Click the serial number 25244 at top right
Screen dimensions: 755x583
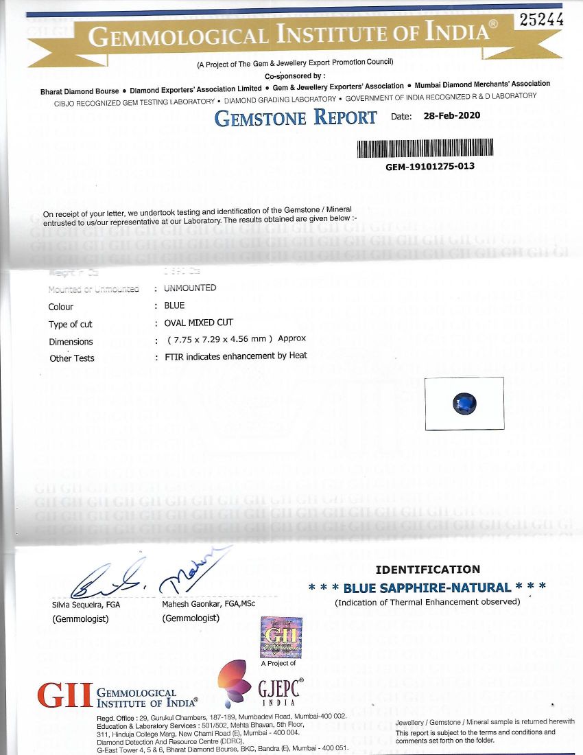(542, 21)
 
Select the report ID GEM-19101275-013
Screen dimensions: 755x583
(429, 166)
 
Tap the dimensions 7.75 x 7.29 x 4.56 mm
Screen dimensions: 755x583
(228, 339)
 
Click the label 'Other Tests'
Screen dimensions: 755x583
(72, 358)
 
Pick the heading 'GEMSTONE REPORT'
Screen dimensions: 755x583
(296, 117)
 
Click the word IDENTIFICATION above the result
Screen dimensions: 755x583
(428, 569)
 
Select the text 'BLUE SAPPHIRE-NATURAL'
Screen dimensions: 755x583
(427, 588)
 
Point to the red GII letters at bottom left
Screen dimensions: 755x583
(64, 695)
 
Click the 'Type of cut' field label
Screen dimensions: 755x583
(70, 324)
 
